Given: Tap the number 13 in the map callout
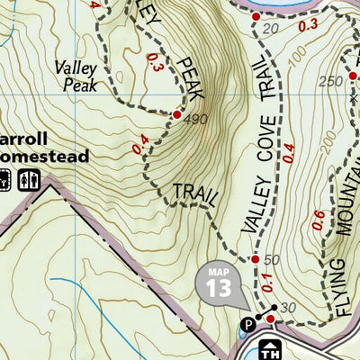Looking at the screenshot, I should tap(218, 287).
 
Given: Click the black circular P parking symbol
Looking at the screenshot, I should tap(247, 325).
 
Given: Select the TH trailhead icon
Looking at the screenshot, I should tap(268, 348).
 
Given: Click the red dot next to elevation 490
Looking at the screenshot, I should tap(176, 115).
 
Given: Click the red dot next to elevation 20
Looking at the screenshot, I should tap(256, 16).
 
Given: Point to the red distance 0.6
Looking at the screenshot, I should tap(317, 219).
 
